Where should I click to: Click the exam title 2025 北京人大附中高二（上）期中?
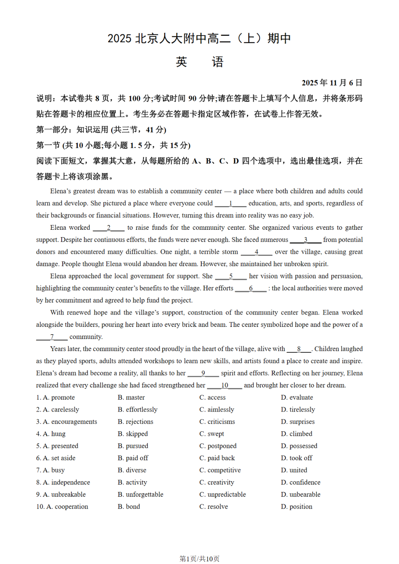tap(199, 38)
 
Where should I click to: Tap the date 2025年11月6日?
tap(332, 83)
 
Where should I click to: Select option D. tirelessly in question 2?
tap(298, 409)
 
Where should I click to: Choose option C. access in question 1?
tap(212, 397)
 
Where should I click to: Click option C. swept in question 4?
tap(212, 434)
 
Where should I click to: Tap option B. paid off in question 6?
tap(133, 458)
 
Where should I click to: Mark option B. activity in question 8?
tap(132, 482)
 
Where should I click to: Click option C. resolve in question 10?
tap(214, 507)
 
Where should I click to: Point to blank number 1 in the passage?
tap(231, 203)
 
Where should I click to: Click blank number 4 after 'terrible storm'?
tap(256, 252)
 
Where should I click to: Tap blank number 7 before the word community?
tap(52, 337)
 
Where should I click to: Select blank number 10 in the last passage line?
tap(225, 385)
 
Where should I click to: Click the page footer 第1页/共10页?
tap(199, 559)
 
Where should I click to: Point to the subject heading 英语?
tap(199, 62)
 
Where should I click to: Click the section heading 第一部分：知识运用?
tap(101, 130)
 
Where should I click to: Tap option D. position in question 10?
tap(297, 507)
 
